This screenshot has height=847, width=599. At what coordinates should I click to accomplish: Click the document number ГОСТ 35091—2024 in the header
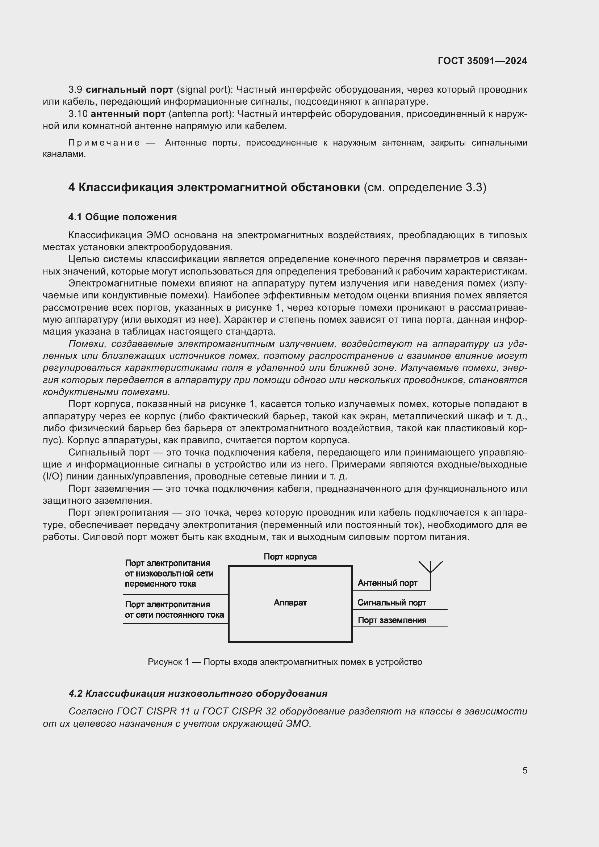point(482,61)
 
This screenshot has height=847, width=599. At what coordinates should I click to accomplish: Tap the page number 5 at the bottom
point(524,770)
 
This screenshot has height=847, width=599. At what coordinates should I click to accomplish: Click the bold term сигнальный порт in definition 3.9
point(129,90)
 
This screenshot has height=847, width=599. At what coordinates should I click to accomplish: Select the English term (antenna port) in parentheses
point(201,114)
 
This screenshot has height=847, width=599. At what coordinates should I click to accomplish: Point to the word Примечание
point(104,143)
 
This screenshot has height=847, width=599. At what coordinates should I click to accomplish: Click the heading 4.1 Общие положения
point(122,217)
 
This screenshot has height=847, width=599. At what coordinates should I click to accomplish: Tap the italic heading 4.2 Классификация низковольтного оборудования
point(198,693)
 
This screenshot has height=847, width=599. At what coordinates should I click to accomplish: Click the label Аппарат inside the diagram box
point(290,603)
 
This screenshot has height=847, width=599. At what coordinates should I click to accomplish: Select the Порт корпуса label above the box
point(290,557)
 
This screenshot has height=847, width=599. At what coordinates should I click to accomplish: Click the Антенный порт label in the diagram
point(387,583)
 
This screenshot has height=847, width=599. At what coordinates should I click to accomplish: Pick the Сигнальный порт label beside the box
point(391,603)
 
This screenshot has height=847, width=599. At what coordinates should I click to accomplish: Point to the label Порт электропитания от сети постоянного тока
point(174,609)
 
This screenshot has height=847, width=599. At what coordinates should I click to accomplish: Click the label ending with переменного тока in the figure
point(169,574)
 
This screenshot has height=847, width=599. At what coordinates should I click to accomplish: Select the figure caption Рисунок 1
point(285,662)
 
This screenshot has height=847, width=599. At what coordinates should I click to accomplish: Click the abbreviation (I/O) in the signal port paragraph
point(53,477)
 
